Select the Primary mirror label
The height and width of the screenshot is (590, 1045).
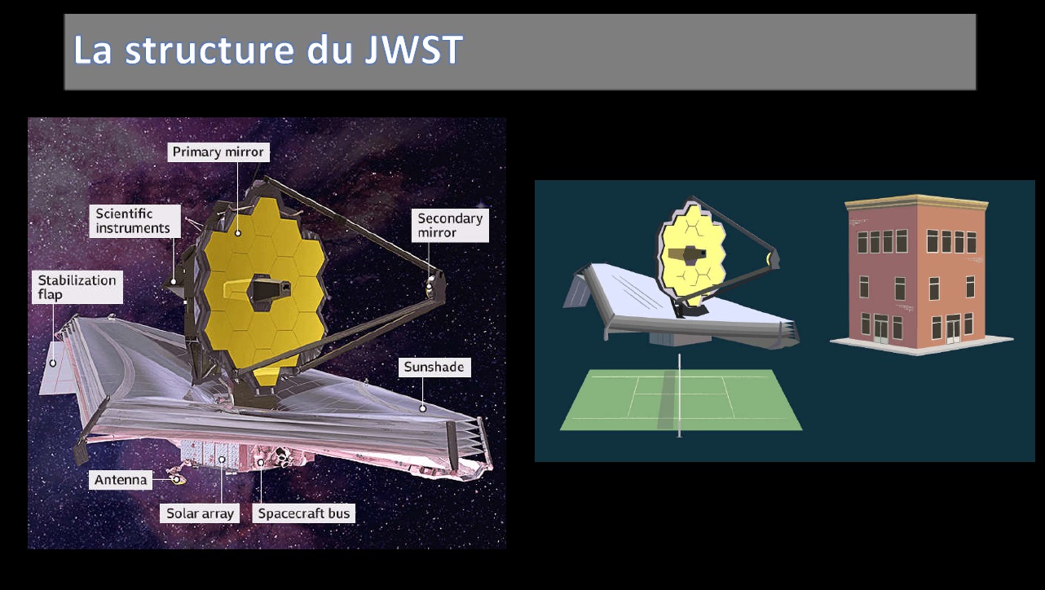click(x=218, y=152)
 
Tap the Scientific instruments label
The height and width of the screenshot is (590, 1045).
click(x=134, y=221)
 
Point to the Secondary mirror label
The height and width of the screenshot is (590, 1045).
click(x=450, y=225)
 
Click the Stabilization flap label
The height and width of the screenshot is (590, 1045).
click(x=77, y=288)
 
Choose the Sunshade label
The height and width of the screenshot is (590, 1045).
click(x=434, y=367)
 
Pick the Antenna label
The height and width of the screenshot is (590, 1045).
click(x=121, y=480)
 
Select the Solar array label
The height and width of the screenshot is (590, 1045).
click(x=200, y=513)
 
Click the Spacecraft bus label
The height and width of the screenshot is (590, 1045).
click(x=304, y=513)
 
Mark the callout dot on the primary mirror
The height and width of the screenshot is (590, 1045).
click(x=238, y=233)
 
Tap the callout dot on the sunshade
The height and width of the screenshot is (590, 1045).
click(x=423, y=408)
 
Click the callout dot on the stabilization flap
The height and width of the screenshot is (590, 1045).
click(x=53, y=363)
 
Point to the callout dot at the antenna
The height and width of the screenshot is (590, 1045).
click(x=176, y=479)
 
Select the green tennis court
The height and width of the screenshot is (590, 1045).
click(x=681, y=399)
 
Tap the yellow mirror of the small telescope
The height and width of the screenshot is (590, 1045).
click(x=692, y=254)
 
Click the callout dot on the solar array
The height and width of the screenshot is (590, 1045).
click(x=222, y=460)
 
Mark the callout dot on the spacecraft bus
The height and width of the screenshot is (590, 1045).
click(x=261, y=462)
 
